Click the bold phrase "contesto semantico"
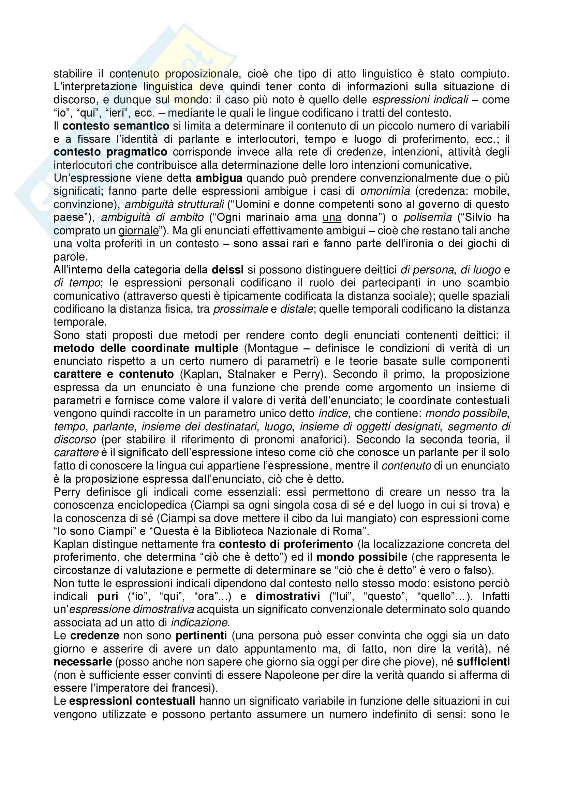point(116,126)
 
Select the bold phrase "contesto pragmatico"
point(110,152)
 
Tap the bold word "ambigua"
point(219,178)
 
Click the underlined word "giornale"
point(138,231)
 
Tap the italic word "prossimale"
point(240,309)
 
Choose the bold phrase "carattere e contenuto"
point(114,374)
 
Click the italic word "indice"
point(333,413)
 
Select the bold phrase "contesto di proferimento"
point(286,544)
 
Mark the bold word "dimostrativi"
point(287,596)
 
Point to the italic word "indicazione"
point(199,623)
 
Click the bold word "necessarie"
point(83,662)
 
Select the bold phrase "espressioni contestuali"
point(132,701)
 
